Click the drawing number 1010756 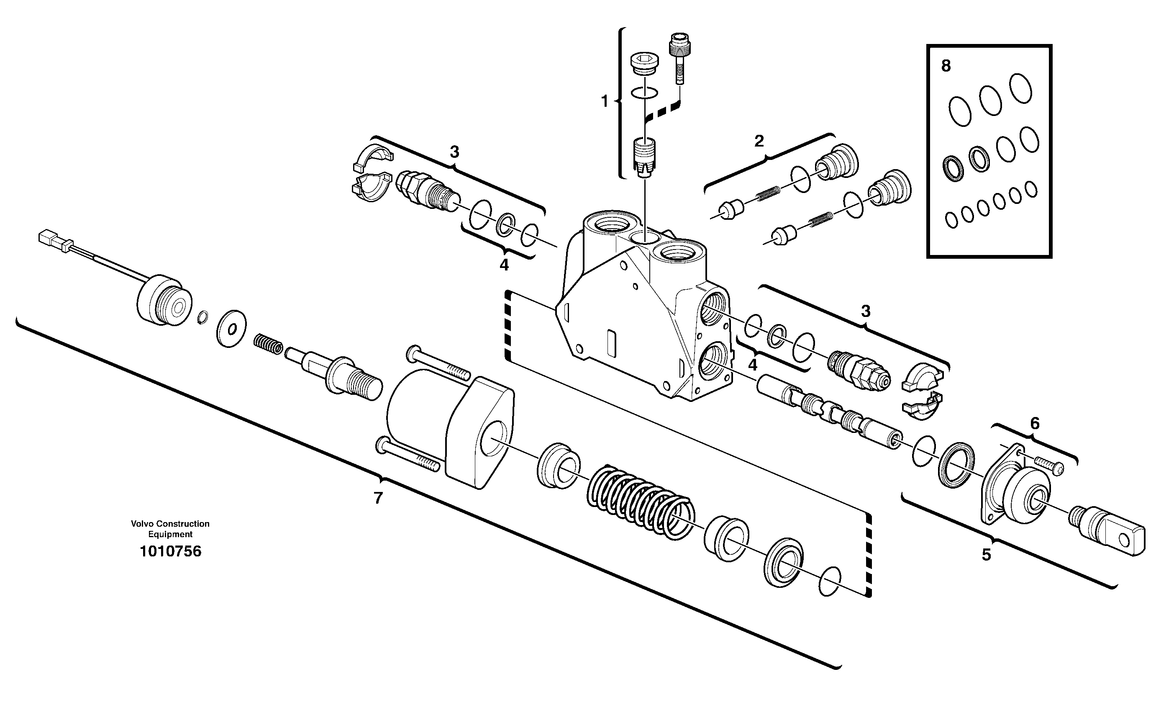click(170, 551)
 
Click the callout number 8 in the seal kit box click(946, 67)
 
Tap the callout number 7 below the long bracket click(378, 498)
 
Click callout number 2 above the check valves click(759, 141)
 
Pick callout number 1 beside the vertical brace click(605, 101)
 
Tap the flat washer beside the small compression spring click(231, 329)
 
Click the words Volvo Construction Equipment click(170, 529)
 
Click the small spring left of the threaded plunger click(268, 344)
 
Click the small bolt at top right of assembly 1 click(679, 57)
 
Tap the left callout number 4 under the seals click(504, 265)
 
